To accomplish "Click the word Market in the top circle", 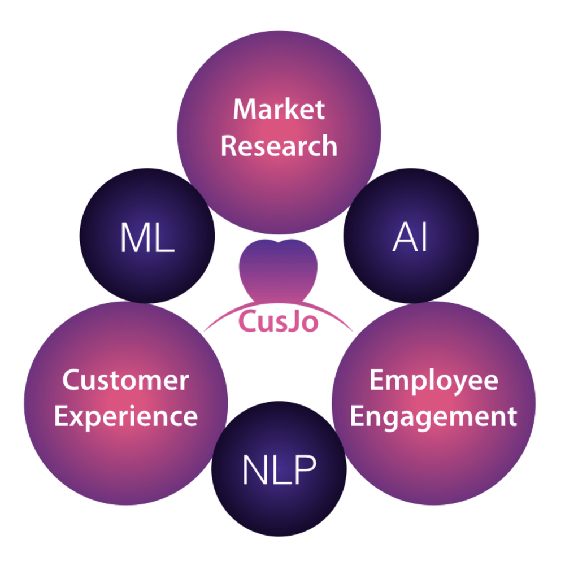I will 279,109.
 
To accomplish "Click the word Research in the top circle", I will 279,146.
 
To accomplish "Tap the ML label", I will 147,238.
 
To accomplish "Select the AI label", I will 410,238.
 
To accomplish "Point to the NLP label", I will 279,470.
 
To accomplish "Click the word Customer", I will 125,380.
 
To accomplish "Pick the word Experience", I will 125,417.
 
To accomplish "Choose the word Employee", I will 433,380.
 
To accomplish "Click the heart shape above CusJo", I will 278,268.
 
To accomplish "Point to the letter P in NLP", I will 304,470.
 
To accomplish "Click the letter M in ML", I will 134,238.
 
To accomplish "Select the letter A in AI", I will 403,238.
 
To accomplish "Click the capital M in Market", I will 246,109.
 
